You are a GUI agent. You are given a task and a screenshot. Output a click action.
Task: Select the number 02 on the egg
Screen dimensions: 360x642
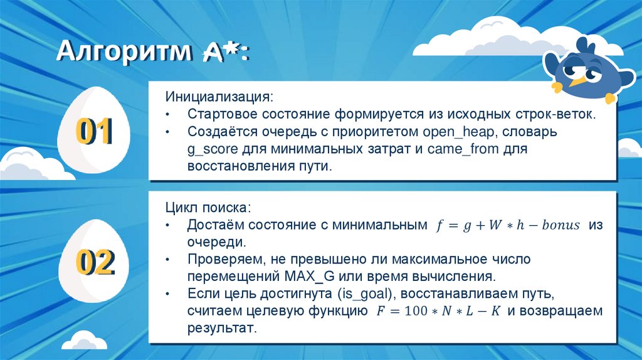[x=94, y=263]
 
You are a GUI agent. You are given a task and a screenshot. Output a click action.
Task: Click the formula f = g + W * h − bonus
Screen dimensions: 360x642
[x=508, y=226]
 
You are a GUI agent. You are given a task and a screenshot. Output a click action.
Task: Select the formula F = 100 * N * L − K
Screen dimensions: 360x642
[x=433, y=311]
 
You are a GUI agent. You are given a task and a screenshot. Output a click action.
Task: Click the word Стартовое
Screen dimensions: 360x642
[x=218, y=115]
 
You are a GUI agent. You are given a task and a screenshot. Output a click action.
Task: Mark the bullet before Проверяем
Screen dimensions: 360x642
[x=168, y=260]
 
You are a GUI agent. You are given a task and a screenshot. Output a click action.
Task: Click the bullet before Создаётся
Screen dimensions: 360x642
[x=168, y=133]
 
